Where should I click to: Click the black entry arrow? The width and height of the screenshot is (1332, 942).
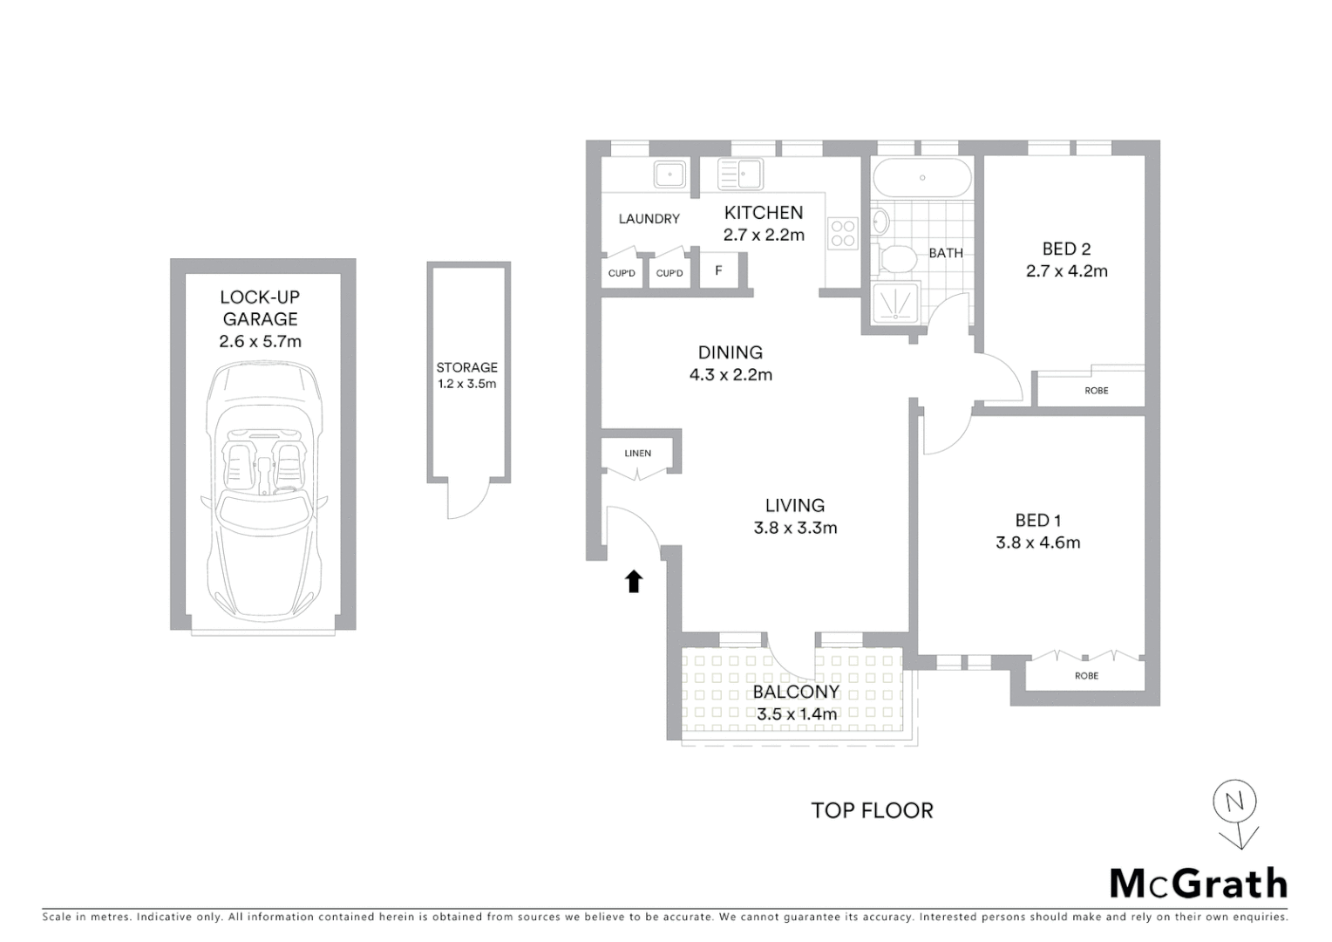[x=634, y=582]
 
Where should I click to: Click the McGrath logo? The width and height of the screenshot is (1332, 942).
[x=1199, y=884]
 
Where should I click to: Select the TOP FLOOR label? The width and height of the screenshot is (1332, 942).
[x=872, y=810]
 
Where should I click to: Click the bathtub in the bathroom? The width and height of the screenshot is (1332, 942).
[x=922, y=178]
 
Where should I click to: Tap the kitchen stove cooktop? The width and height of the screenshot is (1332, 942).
[x=843, y=234]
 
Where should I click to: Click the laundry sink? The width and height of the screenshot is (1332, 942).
[x=669, y=174]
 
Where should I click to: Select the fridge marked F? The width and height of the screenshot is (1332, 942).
[x=719, y=270]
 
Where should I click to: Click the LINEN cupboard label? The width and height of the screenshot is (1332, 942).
[x=638, y=454]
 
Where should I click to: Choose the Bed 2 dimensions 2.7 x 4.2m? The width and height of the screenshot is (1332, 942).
[x=1067, y=271]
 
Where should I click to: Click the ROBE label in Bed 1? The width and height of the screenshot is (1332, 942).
[x=1086, y=676]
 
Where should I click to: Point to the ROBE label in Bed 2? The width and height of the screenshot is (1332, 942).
[x=1097, y=391]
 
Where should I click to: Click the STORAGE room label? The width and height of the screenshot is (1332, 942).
[x=467, y=367]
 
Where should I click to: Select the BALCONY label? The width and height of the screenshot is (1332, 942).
[x=796, y=692]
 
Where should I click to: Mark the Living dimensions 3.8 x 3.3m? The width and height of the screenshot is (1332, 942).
[x=795, y=528]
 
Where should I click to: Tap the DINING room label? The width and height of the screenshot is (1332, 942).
[x=731, y=352]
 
